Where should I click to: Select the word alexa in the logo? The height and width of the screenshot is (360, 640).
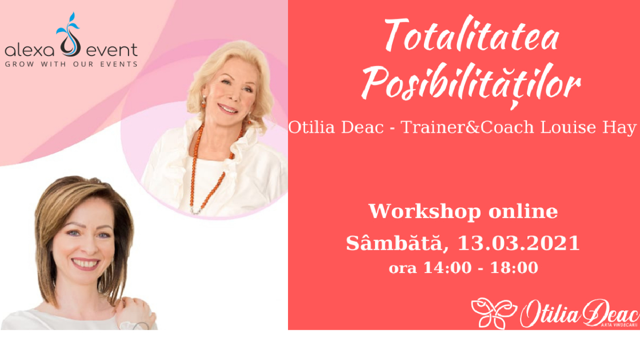tap(29, 51)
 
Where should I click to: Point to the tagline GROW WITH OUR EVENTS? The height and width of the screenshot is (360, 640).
tap(71, 65)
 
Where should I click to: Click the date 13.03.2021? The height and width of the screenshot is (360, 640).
tap(518, 243)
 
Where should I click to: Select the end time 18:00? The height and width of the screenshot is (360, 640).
tap(514, 268)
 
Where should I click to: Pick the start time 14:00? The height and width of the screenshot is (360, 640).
tap(447, 268)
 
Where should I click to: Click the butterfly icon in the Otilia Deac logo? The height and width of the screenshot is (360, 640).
tap(494, 313)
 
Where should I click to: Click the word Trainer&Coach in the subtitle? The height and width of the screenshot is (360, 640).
tap(467, 127)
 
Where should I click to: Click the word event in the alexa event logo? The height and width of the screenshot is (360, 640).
tap(112, 50)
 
